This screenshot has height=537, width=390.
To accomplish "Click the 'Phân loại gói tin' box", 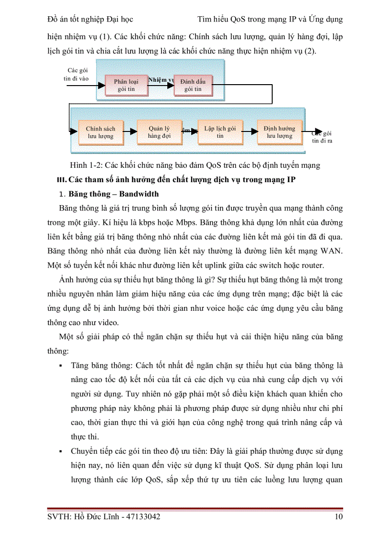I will coord(126,85).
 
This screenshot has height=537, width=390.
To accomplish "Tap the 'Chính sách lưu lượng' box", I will coord(100,132).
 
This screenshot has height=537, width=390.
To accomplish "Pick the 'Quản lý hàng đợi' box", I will coord(159,132).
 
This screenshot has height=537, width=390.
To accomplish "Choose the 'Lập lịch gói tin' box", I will coord(220,132).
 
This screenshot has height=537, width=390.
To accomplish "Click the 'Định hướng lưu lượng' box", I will coord(280,132).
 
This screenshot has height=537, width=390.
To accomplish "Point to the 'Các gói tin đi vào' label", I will coord(76,75).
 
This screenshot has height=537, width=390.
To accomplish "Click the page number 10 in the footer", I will coord(338,516).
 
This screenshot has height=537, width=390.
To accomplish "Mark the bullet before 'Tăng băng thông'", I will coord(61,366).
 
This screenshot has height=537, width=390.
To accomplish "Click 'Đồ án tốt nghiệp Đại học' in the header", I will coord(90,20).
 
